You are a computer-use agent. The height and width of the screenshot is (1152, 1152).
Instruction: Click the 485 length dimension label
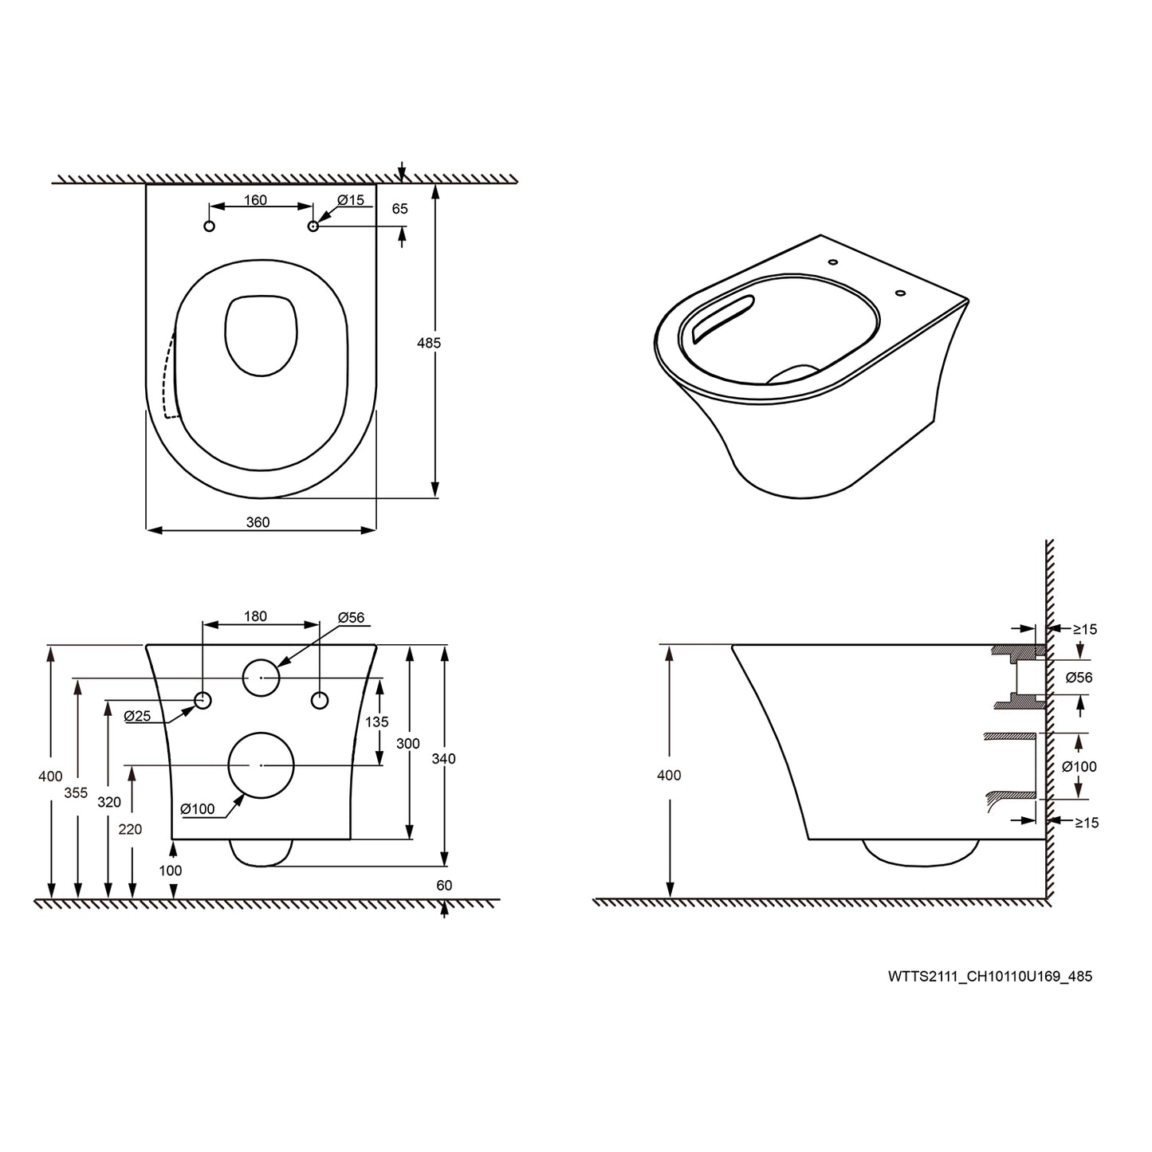(x=428, y=343)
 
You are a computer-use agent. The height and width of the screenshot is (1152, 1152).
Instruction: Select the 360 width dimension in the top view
(x=258, y=522)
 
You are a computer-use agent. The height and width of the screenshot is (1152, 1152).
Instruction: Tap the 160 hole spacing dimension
(x=255, y=200)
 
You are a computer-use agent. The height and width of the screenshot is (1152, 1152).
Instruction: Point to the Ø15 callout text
(x=350, y=200)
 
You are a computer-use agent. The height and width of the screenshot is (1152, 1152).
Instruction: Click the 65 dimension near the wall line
(x=399, y=209)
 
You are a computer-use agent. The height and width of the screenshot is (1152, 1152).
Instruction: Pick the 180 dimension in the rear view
(x=255, y=616)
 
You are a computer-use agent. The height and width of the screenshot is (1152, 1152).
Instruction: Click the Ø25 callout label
(x=137, y=716)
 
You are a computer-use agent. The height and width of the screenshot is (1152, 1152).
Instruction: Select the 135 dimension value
(x=376, y=721)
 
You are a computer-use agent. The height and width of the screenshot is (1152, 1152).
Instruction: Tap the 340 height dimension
(x=443, y=758)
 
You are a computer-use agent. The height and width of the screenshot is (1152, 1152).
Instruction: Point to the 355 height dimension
(x=76, y=793)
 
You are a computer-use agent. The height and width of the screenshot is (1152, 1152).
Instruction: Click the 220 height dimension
(x=130, y=829)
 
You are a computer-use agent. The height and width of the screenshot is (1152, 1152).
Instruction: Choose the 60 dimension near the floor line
(x=444, y=885)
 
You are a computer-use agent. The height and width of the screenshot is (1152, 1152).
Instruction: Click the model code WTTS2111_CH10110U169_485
(x=990, y=976)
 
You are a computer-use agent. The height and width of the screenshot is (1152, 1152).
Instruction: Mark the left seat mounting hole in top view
(x=210, y=226)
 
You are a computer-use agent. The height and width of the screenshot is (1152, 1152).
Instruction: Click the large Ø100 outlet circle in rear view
(x=261, y=765)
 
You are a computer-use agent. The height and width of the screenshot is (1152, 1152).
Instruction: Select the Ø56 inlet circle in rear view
(x=261, y=678)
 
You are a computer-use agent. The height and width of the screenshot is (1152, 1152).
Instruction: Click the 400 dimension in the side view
(x=669, y=775)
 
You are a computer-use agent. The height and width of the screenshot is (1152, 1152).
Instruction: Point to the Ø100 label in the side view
(x=1079, y=766)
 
